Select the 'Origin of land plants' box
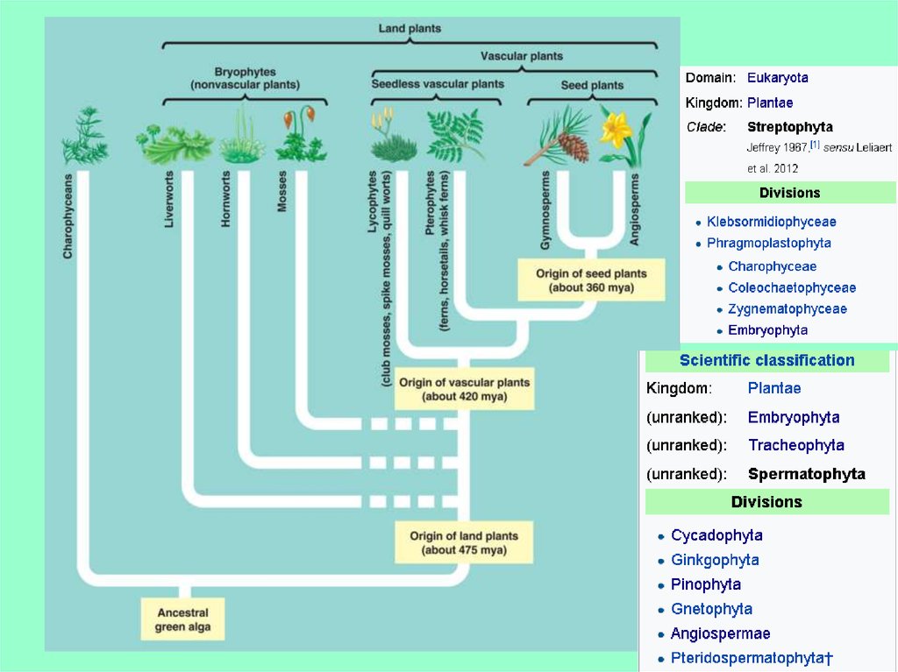[x=464, y=542]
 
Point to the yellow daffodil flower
[x=616, y=130]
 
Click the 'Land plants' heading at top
[x=410, y=28]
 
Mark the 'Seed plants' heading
[x=592, y=85]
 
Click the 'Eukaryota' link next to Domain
[x=777, y=77]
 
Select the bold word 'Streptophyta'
[x=789, y=127]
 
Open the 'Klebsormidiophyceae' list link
[x=771, y=222]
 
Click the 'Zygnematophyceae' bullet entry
[x=787, y=308]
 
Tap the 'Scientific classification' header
[x=766, y=360]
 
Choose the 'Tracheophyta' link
[x=795, y=445]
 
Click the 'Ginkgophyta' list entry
[x=715, y=560]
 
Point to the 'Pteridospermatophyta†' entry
[x=751, y=658]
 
